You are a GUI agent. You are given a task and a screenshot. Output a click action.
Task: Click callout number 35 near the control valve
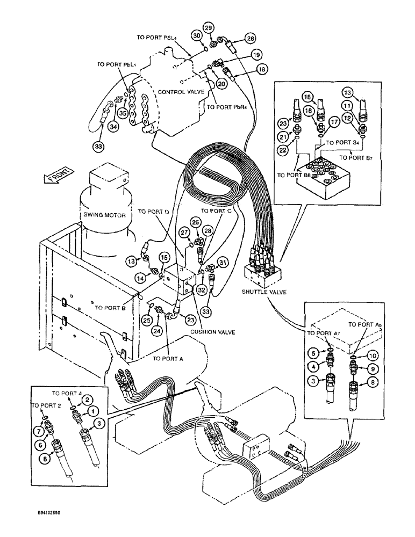click(122, 113)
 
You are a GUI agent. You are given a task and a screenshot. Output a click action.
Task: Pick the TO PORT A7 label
click(323, 333)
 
